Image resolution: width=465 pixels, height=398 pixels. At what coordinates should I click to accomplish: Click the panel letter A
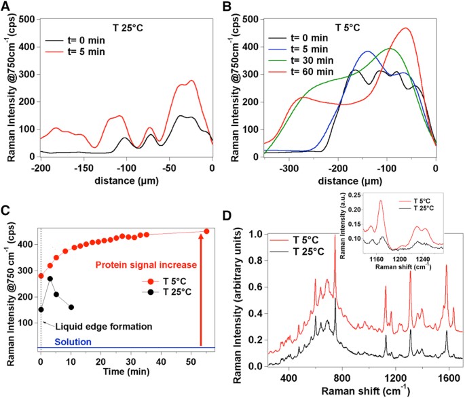pyautogui.click(x=7, y=7)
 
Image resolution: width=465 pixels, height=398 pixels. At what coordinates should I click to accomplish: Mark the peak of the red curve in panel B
pyautogui.click(x=406, y=28)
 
